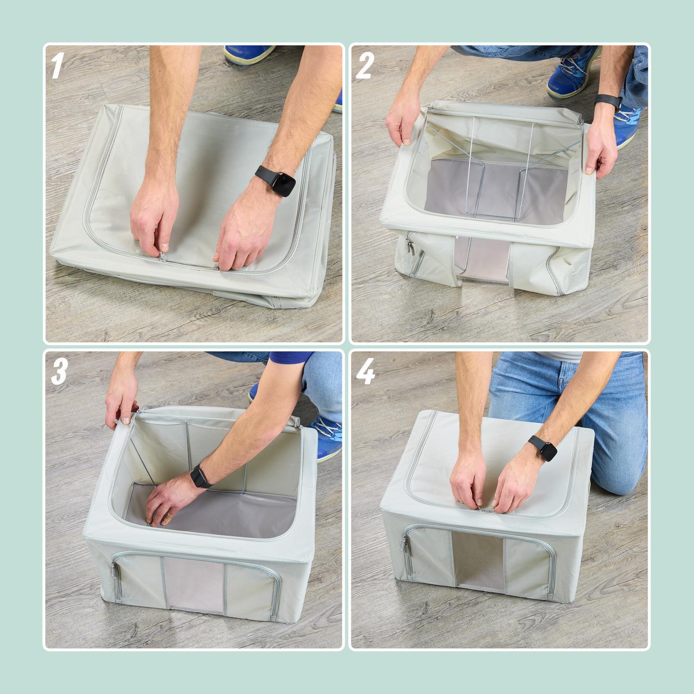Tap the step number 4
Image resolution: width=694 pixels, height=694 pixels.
click(365, 373)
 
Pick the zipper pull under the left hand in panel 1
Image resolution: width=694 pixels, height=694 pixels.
click(161, 253)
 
